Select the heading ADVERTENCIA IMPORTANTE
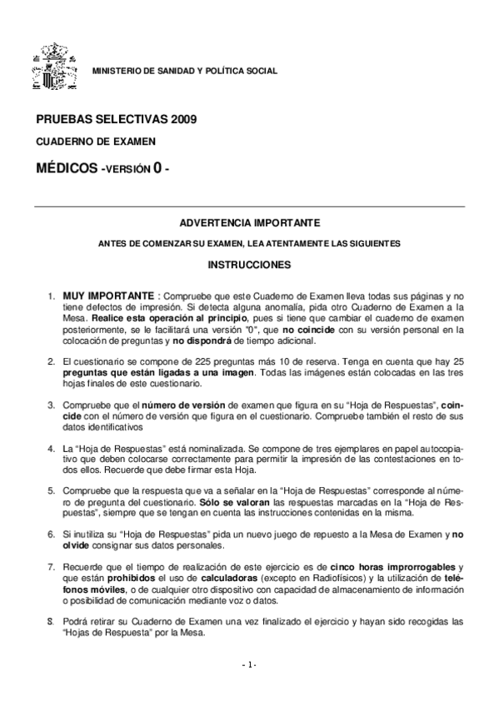[x=249, y=223]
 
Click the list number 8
[x=52, y=621]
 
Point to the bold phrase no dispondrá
[x=201, y=340]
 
